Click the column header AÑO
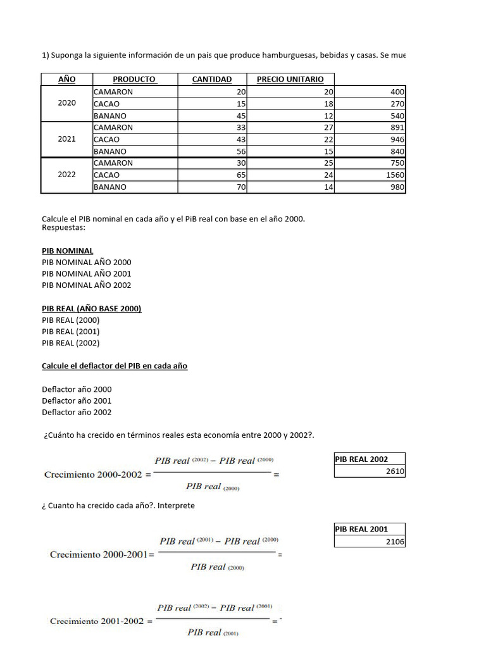(x=66, y=79)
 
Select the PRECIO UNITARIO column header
(x=290, y=79)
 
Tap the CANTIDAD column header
(x=212, y=79)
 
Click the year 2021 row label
(x=66, y=139)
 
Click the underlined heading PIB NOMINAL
(x=67, y=251)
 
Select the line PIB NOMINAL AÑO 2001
(x=87, y=274)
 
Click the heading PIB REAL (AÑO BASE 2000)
(x=92, y=309)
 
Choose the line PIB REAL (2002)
(x=71, y=343)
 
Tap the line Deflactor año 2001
(x=77, y=401)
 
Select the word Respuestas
(x=63, y=227)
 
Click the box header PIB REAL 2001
(x=361, y=529)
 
